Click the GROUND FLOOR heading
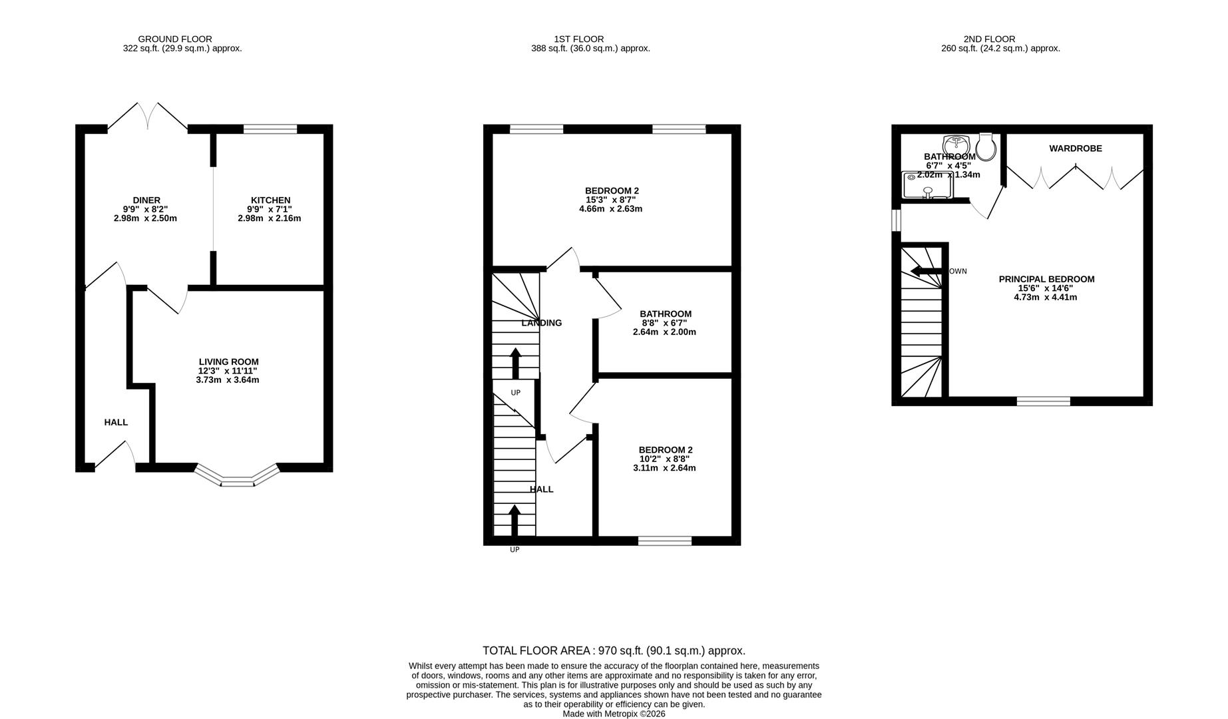point(174,39)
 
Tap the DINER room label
point(146,200)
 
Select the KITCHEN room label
point(270,200)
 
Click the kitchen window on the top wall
point(270,129)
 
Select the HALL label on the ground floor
point(116,422)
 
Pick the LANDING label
point(541,323)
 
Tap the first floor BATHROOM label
point(666,314)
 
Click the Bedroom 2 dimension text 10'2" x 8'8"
point(664,459)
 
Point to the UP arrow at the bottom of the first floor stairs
point(514,519)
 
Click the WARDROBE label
point(1076,148)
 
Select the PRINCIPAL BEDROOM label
point(1046,279)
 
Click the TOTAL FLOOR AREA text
point(614,650)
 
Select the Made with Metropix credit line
point(614,714)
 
